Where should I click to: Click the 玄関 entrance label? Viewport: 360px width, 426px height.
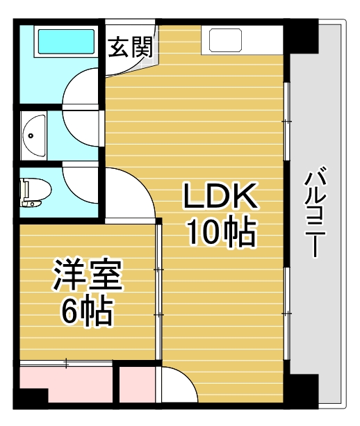[x=131, y=49]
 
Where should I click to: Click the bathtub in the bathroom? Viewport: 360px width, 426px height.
[x=65, y=44]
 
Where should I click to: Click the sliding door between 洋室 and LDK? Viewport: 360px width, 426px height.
[x=159, y=292]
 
